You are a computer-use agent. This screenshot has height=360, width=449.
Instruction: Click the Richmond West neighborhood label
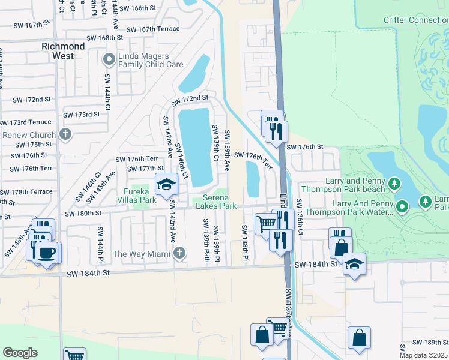63,51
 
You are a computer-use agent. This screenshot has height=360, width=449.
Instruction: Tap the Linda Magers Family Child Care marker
109,59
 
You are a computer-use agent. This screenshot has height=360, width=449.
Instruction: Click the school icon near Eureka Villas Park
166,184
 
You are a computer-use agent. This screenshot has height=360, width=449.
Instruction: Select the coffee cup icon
47,253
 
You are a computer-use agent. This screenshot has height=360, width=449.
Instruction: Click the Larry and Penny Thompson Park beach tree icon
394,182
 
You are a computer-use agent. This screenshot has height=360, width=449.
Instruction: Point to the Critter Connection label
415,20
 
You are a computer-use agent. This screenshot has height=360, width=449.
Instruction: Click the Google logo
20,352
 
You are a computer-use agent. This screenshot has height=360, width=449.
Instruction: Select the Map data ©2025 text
424,355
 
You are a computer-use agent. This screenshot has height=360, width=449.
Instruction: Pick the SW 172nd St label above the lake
189,98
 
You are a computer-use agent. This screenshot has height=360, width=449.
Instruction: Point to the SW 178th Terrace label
26,192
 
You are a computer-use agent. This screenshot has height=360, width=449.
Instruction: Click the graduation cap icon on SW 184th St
354,264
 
